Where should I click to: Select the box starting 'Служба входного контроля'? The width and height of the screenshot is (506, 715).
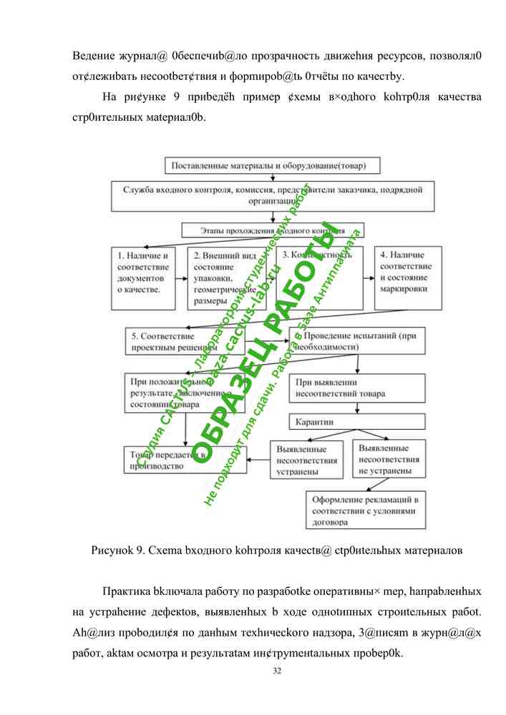(272, 196)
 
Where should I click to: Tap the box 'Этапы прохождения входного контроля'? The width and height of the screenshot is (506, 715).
(272, 231)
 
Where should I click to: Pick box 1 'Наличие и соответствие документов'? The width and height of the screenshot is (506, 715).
(142, 278)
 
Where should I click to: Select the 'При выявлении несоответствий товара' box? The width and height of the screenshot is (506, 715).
(356, 388)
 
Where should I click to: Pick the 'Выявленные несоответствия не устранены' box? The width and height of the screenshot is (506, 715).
(389, 459)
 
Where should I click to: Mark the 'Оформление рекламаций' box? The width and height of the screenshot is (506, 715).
(365, 509)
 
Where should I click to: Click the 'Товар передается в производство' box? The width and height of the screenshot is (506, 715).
(167, 460)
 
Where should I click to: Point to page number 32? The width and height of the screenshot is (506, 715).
(277, 671)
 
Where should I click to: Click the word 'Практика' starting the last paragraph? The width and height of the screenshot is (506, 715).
(126, 593)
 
